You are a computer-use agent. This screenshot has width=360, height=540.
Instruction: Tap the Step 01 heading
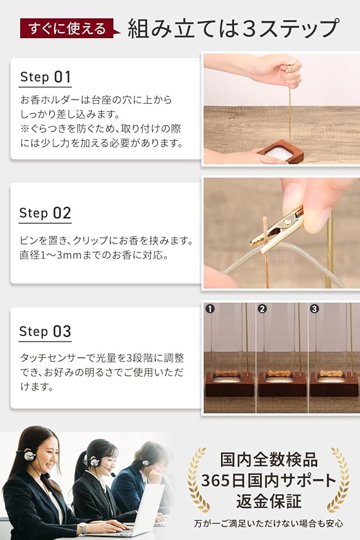(45, 77)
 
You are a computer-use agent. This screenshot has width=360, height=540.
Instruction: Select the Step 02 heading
(45, 213)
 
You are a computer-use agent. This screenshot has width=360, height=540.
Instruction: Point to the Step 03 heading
(45, 331)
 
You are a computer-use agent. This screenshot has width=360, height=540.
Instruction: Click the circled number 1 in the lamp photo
(210, 308)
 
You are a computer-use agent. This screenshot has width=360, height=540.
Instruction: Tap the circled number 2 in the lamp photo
(262, 308)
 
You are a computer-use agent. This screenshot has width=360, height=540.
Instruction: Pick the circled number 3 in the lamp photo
(314, 308)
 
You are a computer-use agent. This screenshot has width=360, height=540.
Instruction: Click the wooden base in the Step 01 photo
(280, 152)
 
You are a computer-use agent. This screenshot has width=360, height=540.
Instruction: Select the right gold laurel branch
(339, 479)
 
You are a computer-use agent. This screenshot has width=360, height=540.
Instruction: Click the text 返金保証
(268, 501)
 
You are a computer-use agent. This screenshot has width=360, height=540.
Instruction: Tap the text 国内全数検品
(268, 460)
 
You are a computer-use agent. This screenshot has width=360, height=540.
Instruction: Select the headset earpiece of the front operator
(29, 456)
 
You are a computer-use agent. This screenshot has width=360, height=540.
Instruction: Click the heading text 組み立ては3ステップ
(233, 28)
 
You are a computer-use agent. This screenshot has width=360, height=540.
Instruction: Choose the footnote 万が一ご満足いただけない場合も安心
(268, 524)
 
